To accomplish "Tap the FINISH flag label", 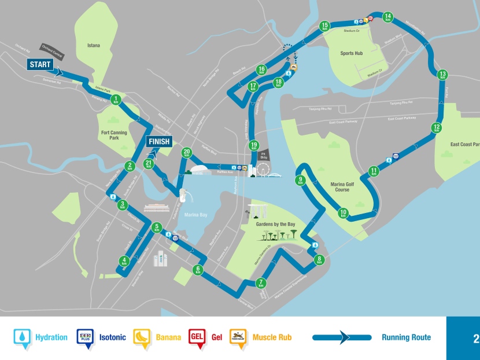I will [x=158, y=141].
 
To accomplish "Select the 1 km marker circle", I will [x=116, y=100].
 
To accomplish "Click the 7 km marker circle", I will [x=261, y=283].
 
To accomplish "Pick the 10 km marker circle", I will [x=343, y=214].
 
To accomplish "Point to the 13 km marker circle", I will [x=442, y=75].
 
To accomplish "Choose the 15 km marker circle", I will [x=324, y=25].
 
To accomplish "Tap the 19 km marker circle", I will [x=254, y=146].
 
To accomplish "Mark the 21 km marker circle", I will [x=149, y=164].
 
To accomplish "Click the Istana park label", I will [x=93, y=45].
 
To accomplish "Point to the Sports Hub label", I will [x=352, y=53].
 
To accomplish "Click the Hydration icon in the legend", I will [x=22, y=337].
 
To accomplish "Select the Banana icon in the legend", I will [x=141, y=337].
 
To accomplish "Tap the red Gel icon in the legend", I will [x=197, y=337].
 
